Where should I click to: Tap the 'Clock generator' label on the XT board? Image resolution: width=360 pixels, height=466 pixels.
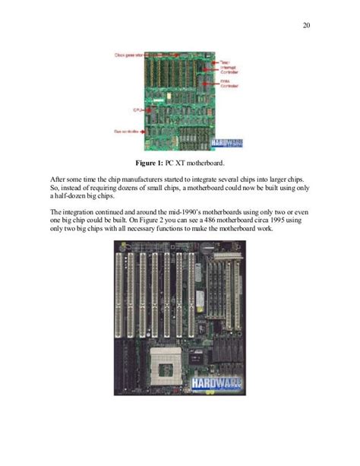click(x=128, y=55)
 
